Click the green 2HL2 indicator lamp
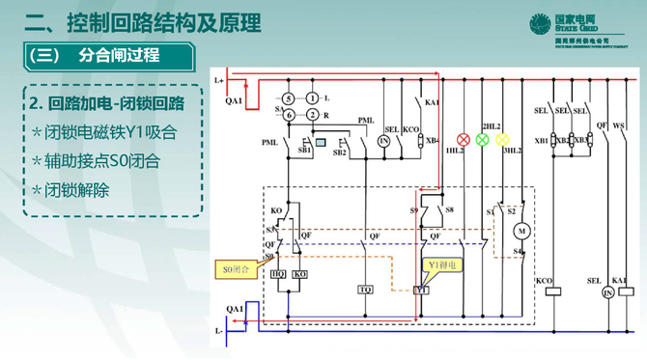point(482,139)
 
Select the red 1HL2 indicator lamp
point(462,139)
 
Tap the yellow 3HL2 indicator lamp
point(502,139)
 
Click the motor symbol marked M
point(520,232)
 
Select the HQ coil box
point(278,275)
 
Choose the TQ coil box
point(367,290)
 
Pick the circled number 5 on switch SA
point(288,98)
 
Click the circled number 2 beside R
point(314,114)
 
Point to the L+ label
point(220,80)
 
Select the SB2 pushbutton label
point(340,152)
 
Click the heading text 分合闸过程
point(122,56)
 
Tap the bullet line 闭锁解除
point(77,189)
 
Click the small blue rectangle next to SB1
point(320,142)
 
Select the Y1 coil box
point(420,290)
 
